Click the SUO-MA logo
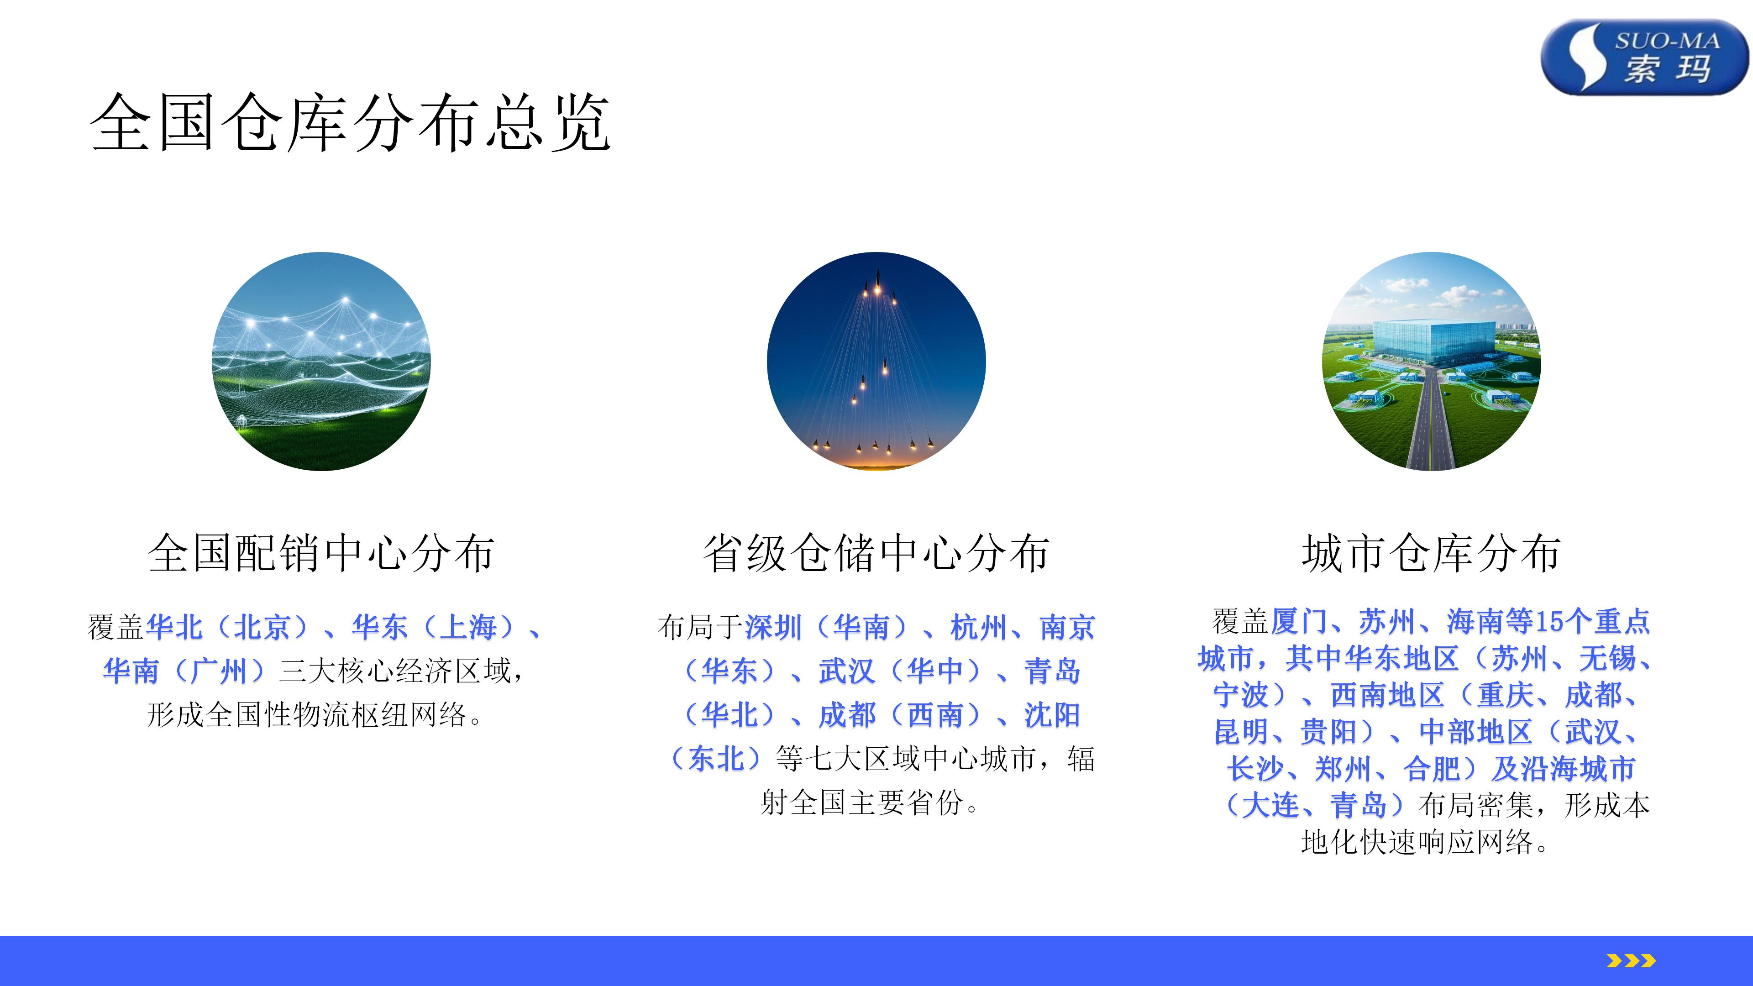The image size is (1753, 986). [1644, 57]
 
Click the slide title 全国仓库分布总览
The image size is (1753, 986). [351, 122]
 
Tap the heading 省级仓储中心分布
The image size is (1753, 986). [876, 552]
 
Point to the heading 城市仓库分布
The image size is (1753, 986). [1431, 552]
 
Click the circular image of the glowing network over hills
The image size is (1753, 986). [321, 362]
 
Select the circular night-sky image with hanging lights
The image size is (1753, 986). [876, 362]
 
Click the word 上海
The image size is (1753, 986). [467, 627]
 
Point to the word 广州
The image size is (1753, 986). [219, 671]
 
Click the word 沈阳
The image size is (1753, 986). [1053, 714]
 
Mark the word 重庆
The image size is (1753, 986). [1505, 695]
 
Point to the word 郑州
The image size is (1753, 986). [1344, 769]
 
